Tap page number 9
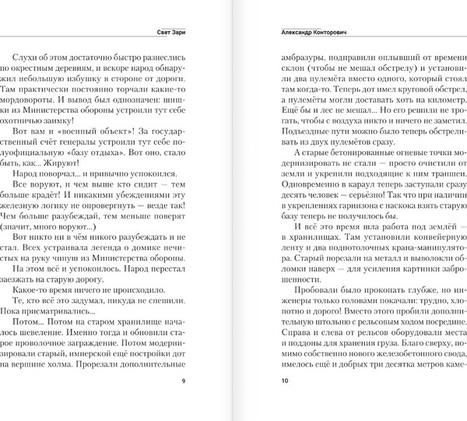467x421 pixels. click(183, 402)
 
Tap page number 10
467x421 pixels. click(283, 402)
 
